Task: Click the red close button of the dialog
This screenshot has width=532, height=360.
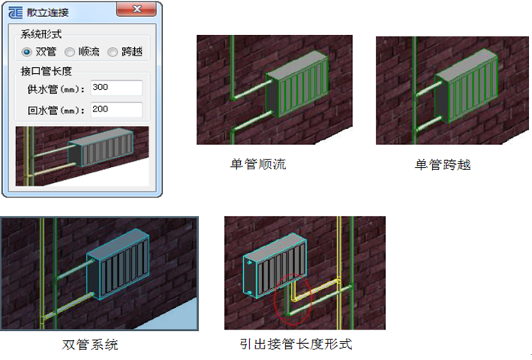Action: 136,9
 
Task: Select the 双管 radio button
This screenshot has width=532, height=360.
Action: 27,52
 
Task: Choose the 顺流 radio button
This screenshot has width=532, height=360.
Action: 69,52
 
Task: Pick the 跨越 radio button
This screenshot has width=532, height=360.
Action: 113,52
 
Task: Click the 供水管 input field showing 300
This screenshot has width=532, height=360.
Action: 117,88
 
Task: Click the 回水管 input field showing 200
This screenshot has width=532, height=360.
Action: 117,110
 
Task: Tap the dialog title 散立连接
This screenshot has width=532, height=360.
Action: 48,12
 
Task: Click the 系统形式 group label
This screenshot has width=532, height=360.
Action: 41,34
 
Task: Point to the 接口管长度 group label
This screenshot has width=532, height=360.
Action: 46,71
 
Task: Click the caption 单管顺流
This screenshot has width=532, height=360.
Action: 258,164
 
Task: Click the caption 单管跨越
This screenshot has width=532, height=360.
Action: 443,165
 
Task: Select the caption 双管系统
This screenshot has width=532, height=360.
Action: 90,345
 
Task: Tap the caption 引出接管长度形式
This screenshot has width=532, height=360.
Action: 296,344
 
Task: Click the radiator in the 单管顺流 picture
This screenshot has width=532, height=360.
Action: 297,84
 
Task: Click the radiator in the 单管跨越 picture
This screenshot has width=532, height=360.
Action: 466,85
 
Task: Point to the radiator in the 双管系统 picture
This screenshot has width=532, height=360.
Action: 117,264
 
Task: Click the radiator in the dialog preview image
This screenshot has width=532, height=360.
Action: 101,147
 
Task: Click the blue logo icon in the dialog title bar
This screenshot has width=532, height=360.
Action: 15,12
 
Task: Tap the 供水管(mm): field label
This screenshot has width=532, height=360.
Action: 56,89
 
